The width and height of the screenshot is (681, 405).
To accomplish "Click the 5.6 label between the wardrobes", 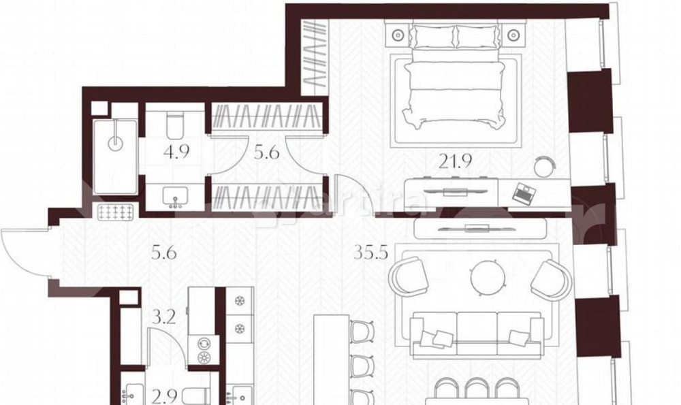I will click(266, 153).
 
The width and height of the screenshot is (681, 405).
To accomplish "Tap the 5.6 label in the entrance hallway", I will click(163, 255).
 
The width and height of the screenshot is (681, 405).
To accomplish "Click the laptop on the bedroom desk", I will click(524, 193).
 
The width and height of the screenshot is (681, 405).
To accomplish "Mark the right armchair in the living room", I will click(552, 279).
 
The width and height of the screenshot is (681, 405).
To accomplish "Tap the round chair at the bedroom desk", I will click(544, 165).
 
